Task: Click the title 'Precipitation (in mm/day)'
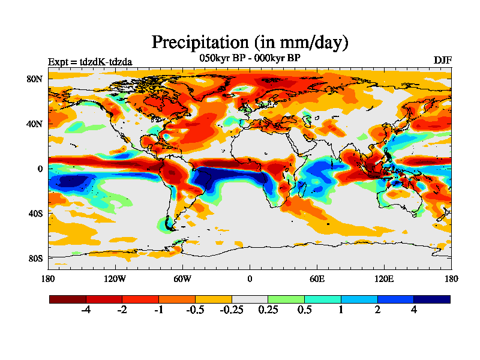pyautogui.click(x=250, y=42)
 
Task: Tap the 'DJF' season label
pyautogui.click(x=442, y=61)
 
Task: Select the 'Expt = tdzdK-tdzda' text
pyautogui.click(x=90, y=61)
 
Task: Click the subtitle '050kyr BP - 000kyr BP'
pyautogui.click(x=250, y=58)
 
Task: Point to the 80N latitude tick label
pyautogui.click(x=36, y=79)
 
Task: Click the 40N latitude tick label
pyautogui.click(x=36, y=124)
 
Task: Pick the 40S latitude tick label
pyautogui.click(x=36, y=213)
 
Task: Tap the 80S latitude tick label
pyautogui.click(x=36, y=258)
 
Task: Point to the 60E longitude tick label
pyautogui.click(x=317, y=278)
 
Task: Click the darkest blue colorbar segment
pyautogui.click(x=431, y=299)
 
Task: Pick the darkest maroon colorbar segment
pyautogui.click(x=68, y=299)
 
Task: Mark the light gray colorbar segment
pyautogui.click(x=250, y=299)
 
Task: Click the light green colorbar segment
pyautogui.click(x=286, y=299)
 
